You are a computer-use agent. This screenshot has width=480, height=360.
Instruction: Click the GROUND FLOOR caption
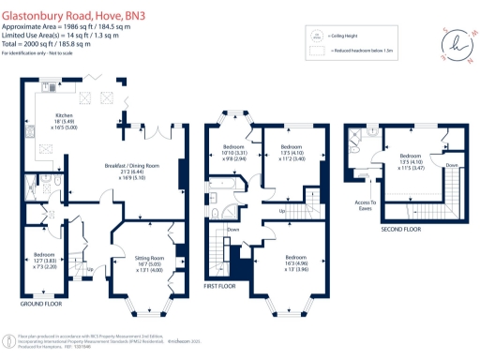pos(41,304)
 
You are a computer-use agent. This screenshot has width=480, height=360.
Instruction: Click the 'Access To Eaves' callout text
pos(366,205)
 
